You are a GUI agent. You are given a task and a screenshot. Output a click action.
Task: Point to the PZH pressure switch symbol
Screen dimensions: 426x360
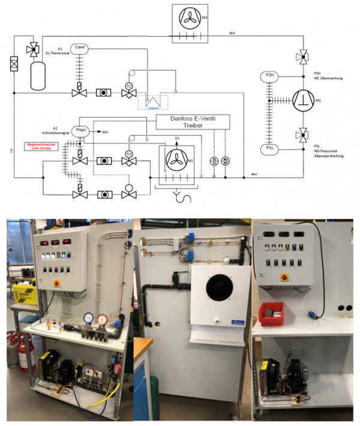click(270, 75)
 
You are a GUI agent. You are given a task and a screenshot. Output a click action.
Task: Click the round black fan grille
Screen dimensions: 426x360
click(218, 289)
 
